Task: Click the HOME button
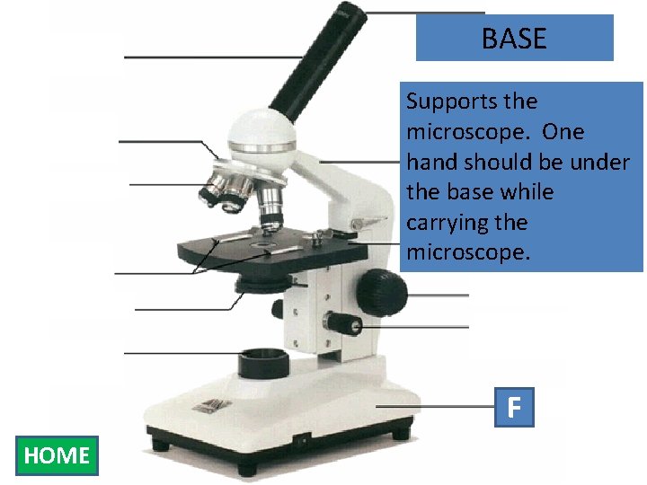pyautogui.click(x=57, y=455)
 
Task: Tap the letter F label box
pyautogui.click(x=513, y=407)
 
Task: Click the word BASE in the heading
pyautogui.click(x=513, y=39)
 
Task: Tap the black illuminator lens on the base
pyautogui.click(x=263, y=364)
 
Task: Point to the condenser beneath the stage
pyautogui.click(x=261, y=287)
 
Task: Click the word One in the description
pyautogui.click(x=563, y=132)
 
